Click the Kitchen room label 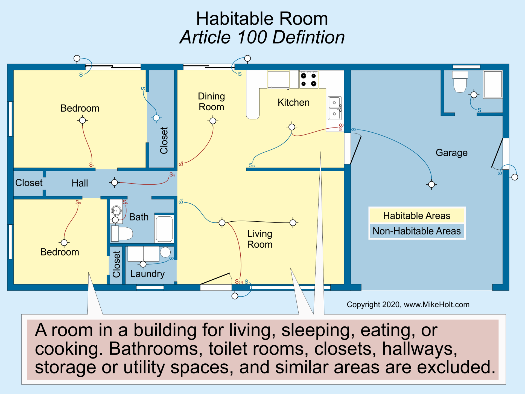tap(293, 103)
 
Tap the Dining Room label tap(211, 102)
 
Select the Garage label tap(451, 153)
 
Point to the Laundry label tap(147, 274)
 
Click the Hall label tap(80, 183)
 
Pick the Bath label tap(139, 217)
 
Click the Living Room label tap(260, 239)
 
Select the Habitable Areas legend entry tap(416, 216)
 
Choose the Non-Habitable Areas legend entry tap(416, 231)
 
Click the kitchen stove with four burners tap(309, 79)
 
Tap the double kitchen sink tap(334, 108)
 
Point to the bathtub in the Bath tap(164, 229)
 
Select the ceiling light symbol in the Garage tap(431, 185)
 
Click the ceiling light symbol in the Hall tap(115, 182)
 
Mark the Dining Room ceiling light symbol tap(213, 121)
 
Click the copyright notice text tap(408, 305)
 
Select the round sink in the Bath tap(116, 211)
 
